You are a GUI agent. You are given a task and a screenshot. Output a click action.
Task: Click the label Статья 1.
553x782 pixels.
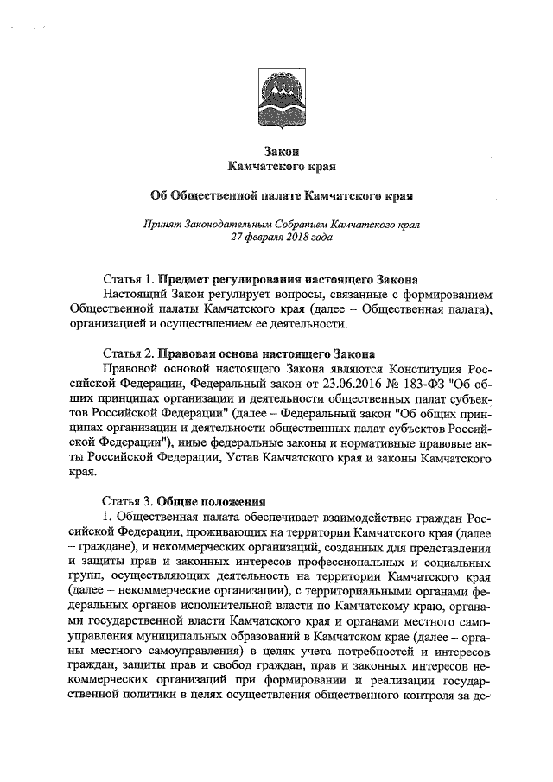128,280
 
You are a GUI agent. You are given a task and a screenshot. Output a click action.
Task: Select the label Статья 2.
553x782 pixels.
128,353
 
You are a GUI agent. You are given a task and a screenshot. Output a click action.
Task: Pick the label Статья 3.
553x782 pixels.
128,501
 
